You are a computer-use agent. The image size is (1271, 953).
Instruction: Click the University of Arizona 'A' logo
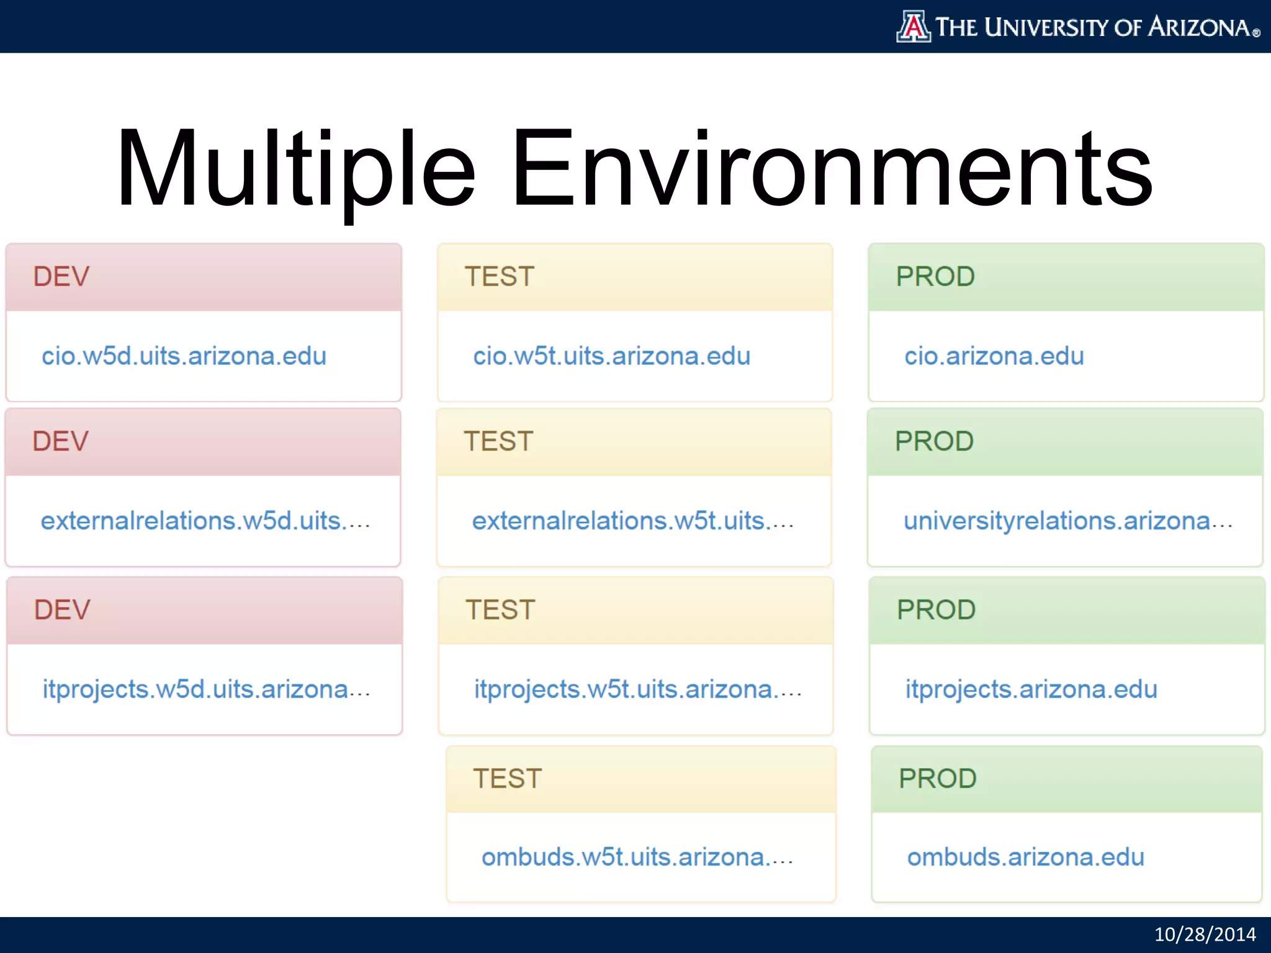913,27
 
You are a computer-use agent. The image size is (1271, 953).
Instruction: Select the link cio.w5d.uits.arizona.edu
184,357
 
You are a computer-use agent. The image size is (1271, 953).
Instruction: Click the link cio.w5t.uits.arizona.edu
611,357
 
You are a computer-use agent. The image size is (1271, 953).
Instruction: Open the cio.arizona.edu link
994,357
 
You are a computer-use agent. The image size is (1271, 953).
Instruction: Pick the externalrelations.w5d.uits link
205,521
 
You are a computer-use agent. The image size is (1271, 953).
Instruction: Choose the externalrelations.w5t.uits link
632,521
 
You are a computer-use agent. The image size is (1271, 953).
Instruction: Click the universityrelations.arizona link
1067,521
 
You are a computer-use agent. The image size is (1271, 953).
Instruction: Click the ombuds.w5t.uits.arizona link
637,857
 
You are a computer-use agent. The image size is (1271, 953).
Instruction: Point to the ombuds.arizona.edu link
1025,857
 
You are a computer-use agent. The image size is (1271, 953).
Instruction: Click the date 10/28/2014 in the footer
1204,934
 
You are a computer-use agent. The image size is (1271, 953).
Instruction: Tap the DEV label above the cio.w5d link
61,277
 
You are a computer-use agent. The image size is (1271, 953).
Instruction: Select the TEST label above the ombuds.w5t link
507,779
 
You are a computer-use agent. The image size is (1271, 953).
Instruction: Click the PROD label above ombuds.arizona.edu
937,779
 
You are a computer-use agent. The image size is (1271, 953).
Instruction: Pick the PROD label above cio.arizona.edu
935,277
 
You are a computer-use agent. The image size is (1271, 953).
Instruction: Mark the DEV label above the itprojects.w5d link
62,610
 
